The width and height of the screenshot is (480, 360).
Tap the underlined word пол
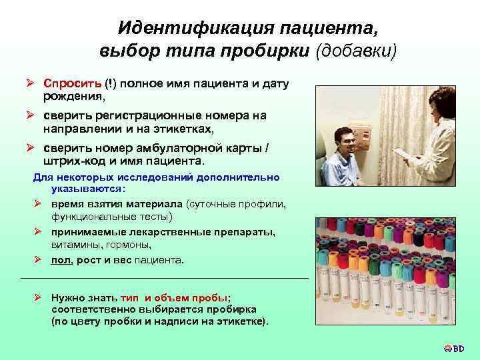[61, 259]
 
